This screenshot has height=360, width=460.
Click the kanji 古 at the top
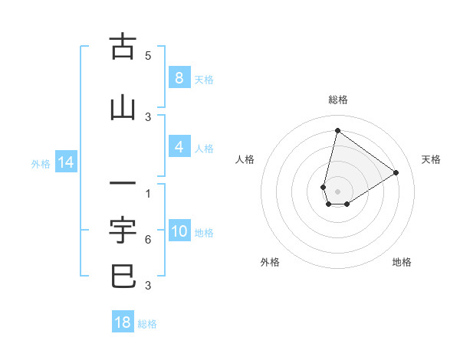[x=123, y=47]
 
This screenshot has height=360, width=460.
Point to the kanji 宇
[x=123, y=229]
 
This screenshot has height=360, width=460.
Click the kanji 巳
[x=123, y=276]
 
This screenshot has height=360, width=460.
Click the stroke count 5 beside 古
[x=148, y=56]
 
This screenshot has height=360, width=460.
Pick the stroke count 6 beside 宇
[x=148, y=240]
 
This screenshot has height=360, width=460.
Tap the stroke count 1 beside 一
[x=148, y=194]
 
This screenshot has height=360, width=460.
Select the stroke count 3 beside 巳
[x=148, y=286]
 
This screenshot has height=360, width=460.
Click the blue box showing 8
[x=179, y=78]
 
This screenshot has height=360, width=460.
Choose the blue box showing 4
[x=179, y=147]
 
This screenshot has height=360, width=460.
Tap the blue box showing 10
[x=179, y=231]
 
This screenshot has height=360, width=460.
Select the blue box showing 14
[x=65, y=162]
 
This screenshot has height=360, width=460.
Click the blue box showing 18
[x=123, y=322]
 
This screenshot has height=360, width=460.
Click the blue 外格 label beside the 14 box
[x=41, y=163]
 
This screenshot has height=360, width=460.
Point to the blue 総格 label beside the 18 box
[x=148, y=324]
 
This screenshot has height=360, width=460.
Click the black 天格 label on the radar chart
[x=431, y=159]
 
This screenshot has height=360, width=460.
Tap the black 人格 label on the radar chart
[x=245, y=159]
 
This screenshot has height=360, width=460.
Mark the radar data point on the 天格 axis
[x=396, y=172]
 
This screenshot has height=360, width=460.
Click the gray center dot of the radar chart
[x=337, y=191]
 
